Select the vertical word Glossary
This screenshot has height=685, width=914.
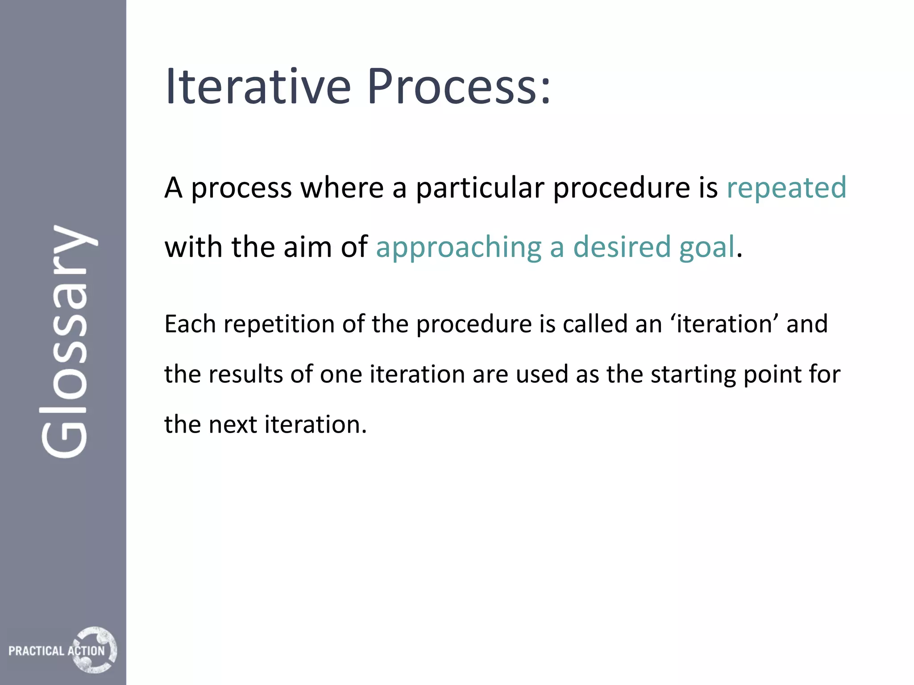tap(67, 341)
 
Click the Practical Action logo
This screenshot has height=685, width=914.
tap(62, 650)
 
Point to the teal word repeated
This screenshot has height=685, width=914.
tap(786, 187)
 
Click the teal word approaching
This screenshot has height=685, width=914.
tap(458, 248)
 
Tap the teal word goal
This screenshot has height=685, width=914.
tap(706, 248)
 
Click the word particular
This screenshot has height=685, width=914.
tap(480, 187)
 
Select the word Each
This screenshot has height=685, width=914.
tap(190, 324)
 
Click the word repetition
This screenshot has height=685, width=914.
tap(279, 325)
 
